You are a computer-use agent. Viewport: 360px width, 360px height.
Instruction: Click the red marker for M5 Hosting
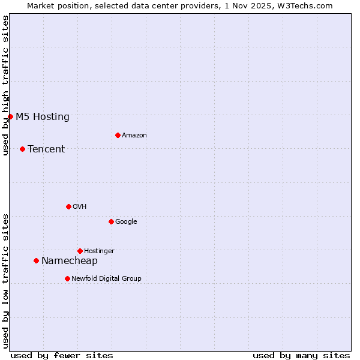[x=10, y=116]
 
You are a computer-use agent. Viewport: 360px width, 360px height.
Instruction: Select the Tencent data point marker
[x=22, y=149]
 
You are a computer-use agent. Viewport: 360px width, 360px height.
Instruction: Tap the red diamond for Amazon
[x=118, y=135]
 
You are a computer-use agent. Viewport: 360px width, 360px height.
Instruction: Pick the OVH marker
[x=68, y=206]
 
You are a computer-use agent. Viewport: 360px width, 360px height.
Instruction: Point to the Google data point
[x=111, y=221]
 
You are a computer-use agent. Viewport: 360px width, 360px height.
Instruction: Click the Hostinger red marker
[x=80, y=251]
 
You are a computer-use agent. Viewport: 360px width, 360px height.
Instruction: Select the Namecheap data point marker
[x=36, y=260]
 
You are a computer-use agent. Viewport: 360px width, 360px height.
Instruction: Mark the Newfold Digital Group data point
[x=67, y=278]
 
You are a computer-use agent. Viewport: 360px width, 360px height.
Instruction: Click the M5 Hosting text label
[x=43, y=117]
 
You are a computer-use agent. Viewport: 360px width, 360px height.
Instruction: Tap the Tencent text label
[x=46, y=149]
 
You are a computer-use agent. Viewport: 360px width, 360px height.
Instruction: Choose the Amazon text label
[x=134, y=136]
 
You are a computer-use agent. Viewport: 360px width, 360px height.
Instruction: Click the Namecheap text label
[x=70, y=261]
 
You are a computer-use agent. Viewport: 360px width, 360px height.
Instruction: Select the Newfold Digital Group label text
[x=106, y=279]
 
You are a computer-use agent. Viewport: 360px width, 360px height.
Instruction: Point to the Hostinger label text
[x=99, y=251]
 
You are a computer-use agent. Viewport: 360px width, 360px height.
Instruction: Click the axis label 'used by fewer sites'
[x=62, y=355]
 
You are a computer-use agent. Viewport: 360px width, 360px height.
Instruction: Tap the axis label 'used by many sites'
[x=301, y=355]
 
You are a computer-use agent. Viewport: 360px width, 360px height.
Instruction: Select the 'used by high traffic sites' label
[x=5, y=85]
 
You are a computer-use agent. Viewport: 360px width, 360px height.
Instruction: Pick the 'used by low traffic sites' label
[x=5, y=281]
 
